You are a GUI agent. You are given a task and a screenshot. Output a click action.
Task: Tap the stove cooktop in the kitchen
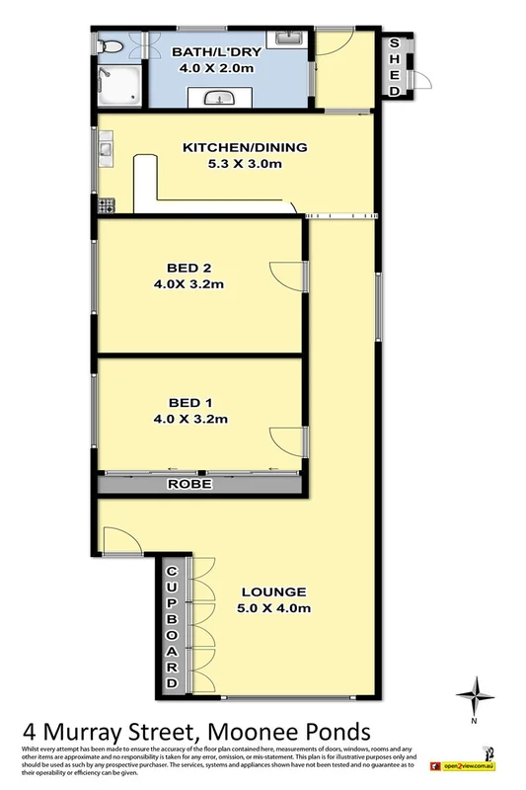[107, 205]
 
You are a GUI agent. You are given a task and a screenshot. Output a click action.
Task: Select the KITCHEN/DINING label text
[245, 148]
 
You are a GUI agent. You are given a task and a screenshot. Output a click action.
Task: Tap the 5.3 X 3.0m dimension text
[246, 165]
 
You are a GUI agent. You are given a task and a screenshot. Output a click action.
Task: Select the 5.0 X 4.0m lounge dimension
[275, 608]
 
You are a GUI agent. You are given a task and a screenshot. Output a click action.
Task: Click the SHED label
[395, 66]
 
